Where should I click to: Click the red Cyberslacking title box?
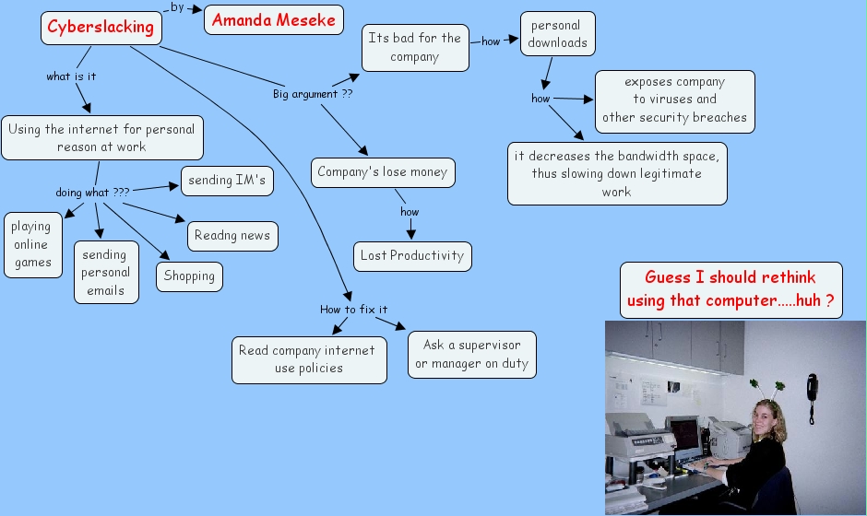point(101,27)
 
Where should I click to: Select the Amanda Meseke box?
point(274,19)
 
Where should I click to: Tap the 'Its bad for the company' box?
point(414,48)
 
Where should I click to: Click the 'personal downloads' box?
point(557,34)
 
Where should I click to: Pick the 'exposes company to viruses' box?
point(674,100)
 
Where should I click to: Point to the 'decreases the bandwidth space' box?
point(616,173)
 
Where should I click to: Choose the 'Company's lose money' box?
point(382,172)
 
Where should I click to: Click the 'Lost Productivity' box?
point(411,255)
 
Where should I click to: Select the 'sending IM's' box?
point(226,181)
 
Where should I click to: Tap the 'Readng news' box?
point(232,236)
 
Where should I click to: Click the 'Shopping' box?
point(189,276)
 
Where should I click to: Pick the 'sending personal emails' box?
point(106,273)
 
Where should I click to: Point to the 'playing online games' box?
point(32,244)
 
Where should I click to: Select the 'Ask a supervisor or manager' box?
point(471,355)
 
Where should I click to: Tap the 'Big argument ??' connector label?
point(313,94)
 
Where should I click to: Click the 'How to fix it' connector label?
point(353,310)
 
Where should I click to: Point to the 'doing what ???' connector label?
point(92,193)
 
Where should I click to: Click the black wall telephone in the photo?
point(812,396)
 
